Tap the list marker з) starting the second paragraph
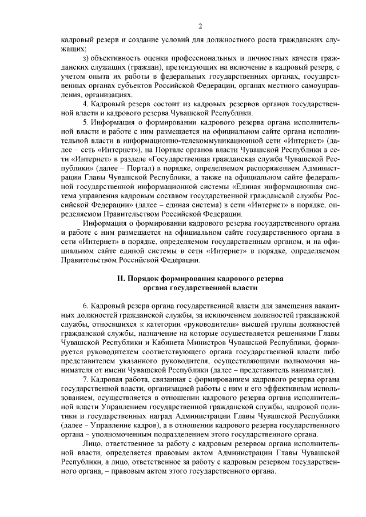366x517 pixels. [x=86, y=59]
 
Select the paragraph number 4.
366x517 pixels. [x=85, y=103]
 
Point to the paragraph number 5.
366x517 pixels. [x=85, y=122]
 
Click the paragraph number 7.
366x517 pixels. [x=85, y=379]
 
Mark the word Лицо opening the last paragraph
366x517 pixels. [x=92, y=443]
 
